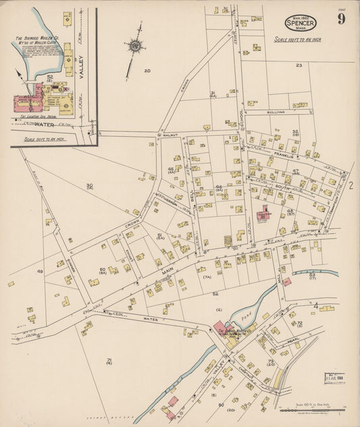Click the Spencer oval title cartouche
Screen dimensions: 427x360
(300, 22)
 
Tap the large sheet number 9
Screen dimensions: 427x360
(342, 18)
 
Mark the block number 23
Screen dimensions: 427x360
(299, 66)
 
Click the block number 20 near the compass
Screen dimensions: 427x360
(147, 70)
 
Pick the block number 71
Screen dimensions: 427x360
(109, 361)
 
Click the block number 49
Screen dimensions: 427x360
(40, 272)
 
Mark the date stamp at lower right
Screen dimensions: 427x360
(334, 377)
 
